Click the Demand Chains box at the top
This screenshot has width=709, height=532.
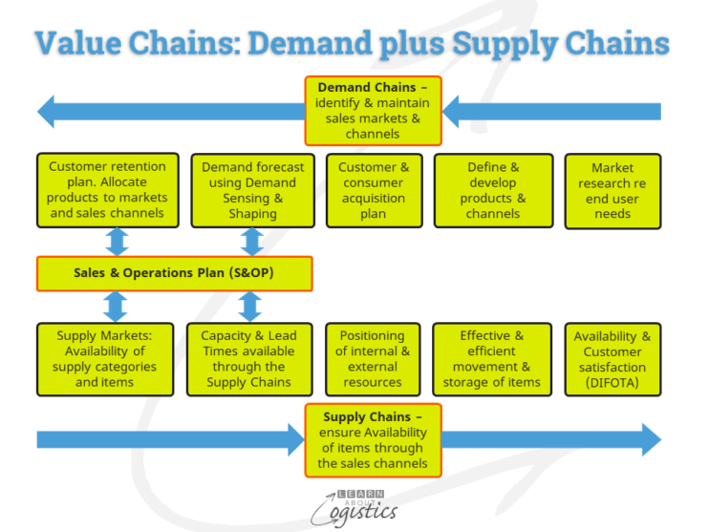pyautogui.click(x=374, y=110)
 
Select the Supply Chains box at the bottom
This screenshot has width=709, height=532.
pyautogui.click(x=373, y=440)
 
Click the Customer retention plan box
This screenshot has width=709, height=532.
pyautogui.click(x=107, y=189)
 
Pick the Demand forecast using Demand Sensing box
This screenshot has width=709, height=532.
pyautogui.click(x=252, y=189)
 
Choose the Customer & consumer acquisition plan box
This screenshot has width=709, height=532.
pyautogui.click(x=373, y=189)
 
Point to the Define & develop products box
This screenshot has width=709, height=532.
pyautogui.click(x=493, y=189)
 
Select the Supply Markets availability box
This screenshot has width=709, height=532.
pyautogui.click(x=105, y=358)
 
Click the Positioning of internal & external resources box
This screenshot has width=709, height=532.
pyautogui.click(x=373, y=358)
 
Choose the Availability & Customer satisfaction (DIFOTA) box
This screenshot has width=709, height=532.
pyautogui.click(x=612, y=358)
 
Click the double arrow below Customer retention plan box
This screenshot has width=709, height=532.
pyautogui.click(x=117, y=241)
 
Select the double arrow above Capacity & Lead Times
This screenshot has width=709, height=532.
pyautogui.click(x=249, y=307)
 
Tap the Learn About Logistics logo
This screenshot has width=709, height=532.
pyautogui.click(x=354, y=505)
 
